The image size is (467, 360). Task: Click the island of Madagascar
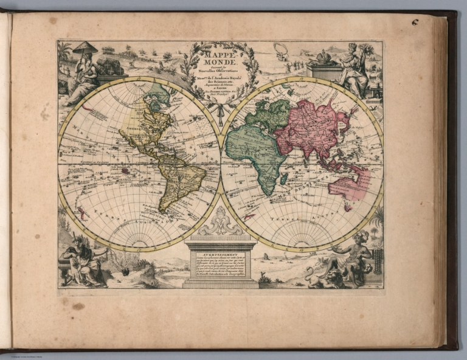click(x=284, y=178)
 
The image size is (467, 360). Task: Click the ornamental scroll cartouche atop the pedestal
click(x=220, y=223)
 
